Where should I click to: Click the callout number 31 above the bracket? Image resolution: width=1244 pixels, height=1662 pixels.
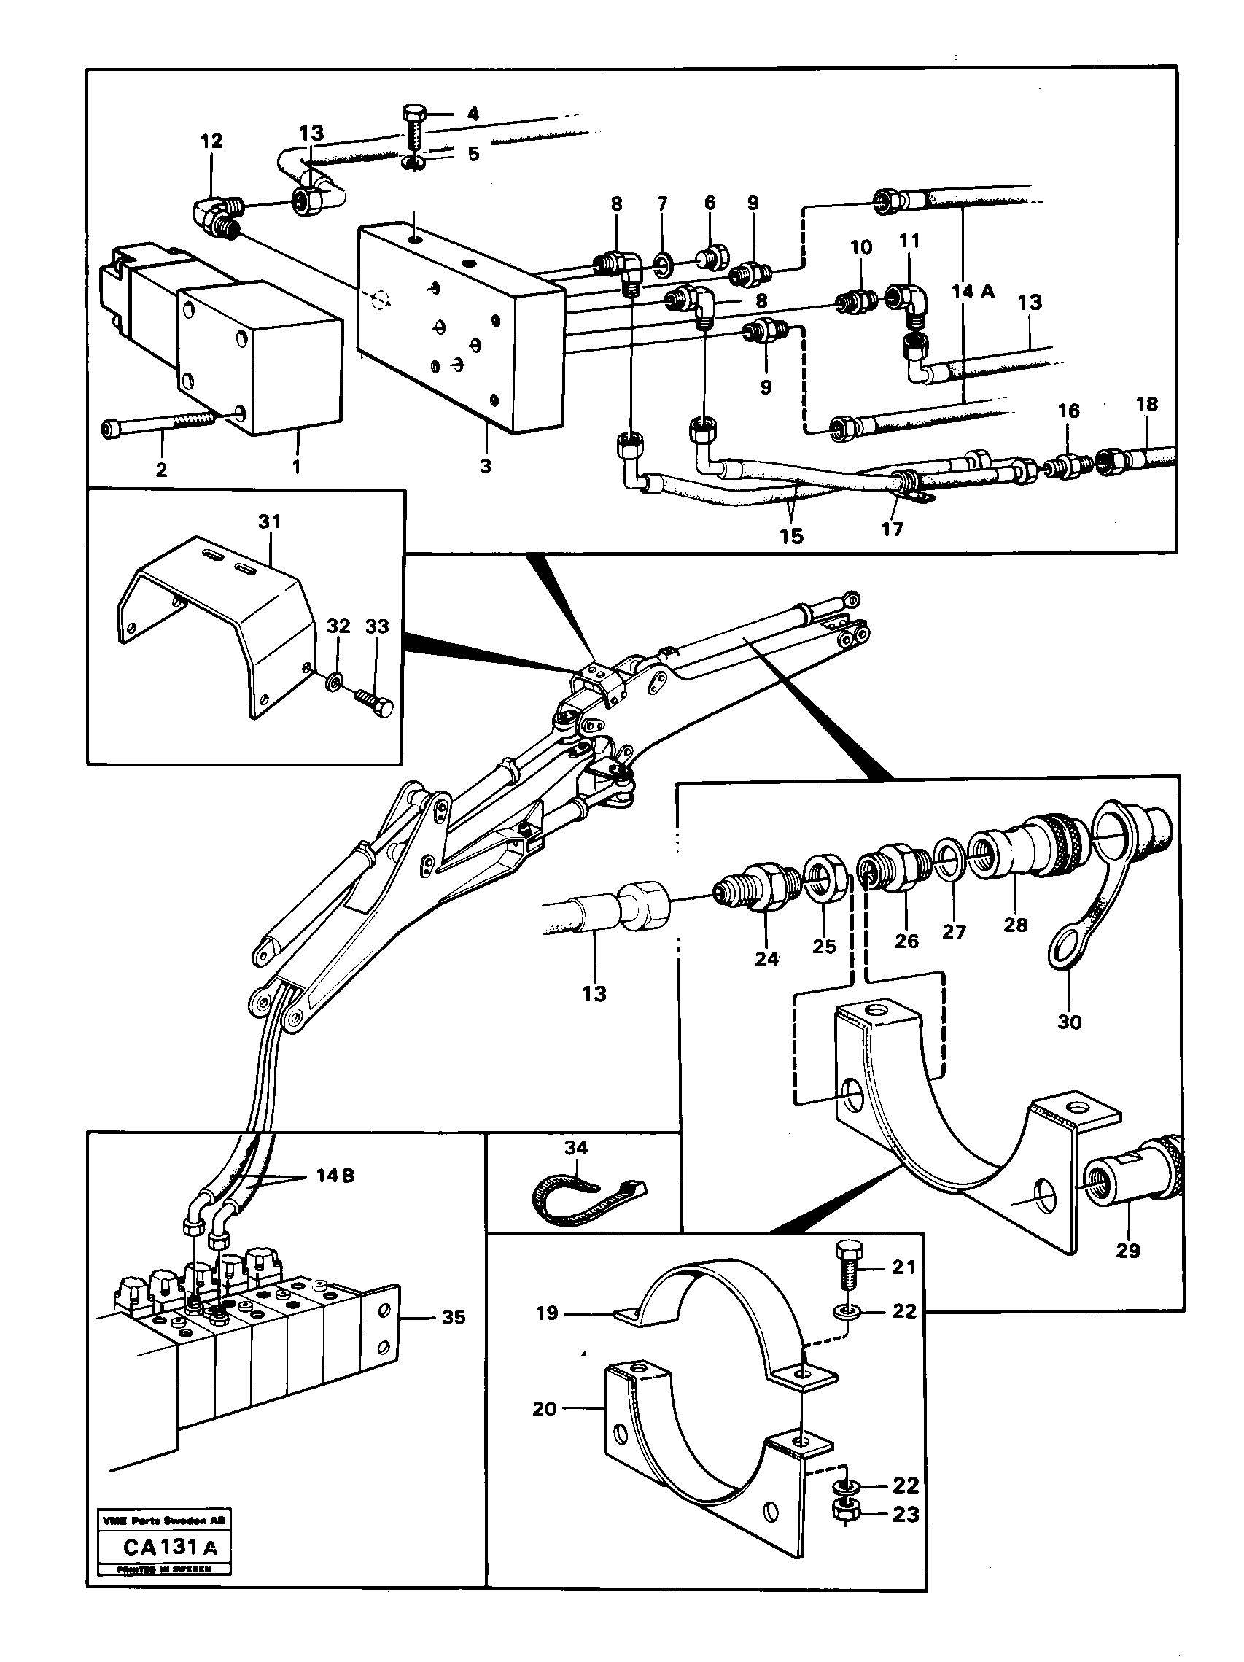[269, 521]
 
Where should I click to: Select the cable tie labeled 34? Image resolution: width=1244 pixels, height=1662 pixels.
[586, 1200]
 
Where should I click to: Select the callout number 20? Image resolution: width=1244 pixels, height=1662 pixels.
[545, 1408]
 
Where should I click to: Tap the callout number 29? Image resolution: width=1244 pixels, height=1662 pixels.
[1127, 1250]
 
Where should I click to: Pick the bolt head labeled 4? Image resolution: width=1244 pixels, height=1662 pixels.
[413, 117]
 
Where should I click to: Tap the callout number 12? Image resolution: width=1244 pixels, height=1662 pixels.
[211, 141]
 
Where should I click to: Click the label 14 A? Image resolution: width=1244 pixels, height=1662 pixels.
[972, 292]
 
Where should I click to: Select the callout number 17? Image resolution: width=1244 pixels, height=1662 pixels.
[892, 529]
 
